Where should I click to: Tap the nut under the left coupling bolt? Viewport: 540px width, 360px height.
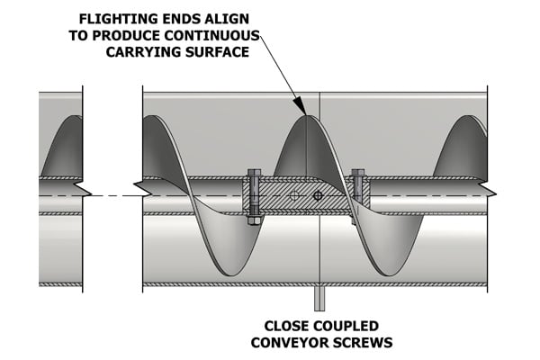tap(254, 219)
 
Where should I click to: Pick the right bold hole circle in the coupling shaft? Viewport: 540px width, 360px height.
tap(317, 194)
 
